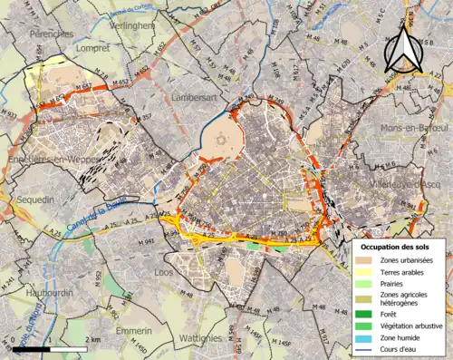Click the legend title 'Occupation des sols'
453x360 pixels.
tap(398, 247)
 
